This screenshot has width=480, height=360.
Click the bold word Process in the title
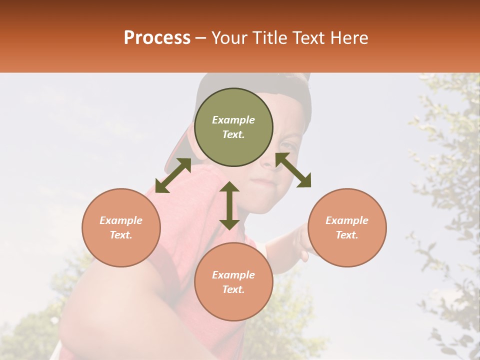click(157, 38)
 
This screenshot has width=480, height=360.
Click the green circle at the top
click(233, 127)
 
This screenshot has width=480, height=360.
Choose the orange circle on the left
click(121, 227)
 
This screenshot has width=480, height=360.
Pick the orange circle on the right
click(347, 227)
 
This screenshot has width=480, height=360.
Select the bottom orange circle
click(233, 282)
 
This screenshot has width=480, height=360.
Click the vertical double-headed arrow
click(229, 205)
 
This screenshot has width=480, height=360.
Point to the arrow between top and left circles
click(173, 175)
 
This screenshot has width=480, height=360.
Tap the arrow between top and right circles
click(293, 170)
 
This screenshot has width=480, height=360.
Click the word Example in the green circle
click(233, 120)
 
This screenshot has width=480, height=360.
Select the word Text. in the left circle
click(121, 235)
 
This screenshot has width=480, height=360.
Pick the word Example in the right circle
click(347, 220)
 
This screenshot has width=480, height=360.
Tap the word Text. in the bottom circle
click(233, 289)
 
